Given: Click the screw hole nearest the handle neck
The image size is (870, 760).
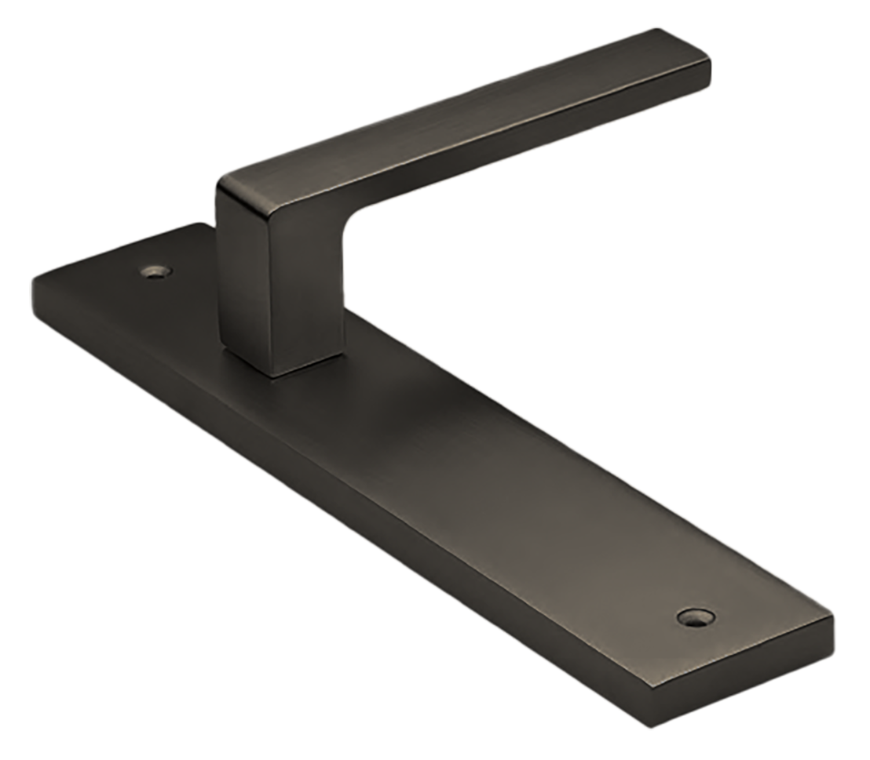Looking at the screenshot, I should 155,273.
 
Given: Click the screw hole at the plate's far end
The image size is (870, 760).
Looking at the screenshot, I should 693,618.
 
